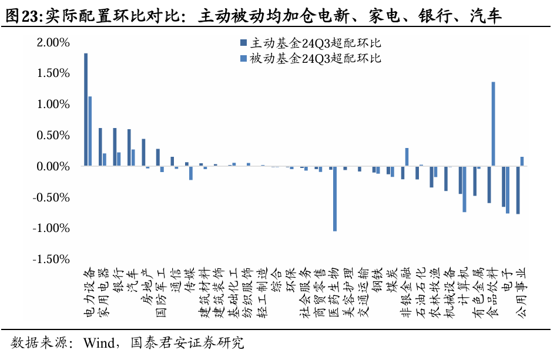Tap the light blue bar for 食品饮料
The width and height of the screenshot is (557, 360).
click(493, 124)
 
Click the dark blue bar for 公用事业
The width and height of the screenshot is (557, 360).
click(518, 190)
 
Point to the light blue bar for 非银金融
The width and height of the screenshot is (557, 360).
click(407, 157)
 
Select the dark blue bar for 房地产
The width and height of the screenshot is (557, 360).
click(143, 153)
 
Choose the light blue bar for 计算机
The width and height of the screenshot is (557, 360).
click(464, 189)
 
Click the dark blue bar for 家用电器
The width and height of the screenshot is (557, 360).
click(100, 147)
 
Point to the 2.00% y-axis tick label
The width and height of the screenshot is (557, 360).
click(53, 42)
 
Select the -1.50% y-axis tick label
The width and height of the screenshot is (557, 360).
click(51, 259)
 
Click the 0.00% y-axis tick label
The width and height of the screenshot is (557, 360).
click(53, 166)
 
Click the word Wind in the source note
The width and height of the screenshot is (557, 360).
click(99, 342)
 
